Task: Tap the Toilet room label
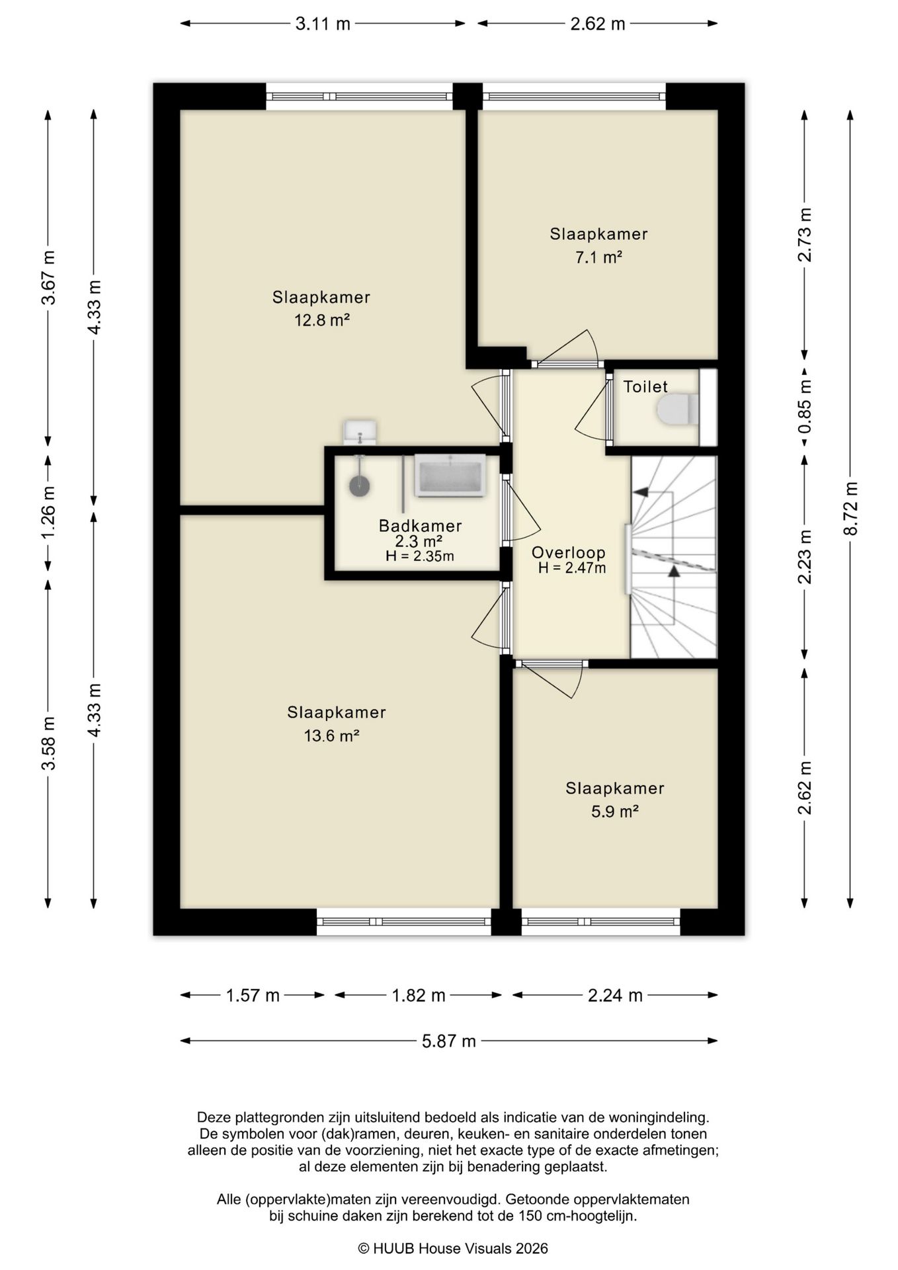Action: click(645, 387)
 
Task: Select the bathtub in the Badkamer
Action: click(450, 475)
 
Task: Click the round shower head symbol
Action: click(359, 486)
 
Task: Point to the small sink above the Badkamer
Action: click(360, 432)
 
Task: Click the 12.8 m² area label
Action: click(321, 321)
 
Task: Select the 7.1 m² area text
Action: click(598, 257)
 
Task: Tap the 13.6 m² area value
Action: click(331, 736)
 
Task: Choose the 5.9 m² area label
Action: click(614, 812)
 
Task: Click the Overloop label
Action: click(569, 552)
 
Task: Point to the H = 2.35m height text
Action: click(420, 556)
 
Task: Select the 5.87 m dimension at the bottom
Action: click(449, 1041)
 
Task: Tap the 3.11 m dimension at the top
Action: click(323, 24)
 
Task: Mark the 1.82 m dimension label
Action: click(419, 995)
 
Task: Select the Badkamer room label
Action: click(420, 526)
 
